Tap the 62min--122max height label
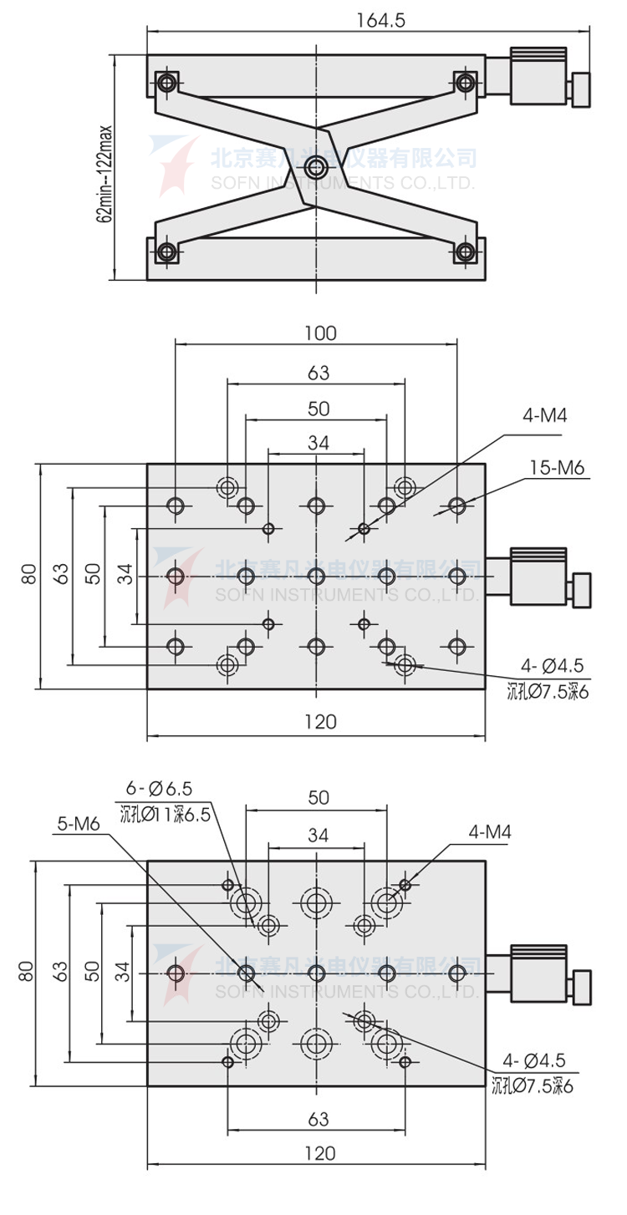104,174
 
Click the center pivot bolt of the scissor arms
315,167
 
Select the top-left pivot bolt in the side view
167,82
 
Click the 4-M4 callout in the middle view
542,415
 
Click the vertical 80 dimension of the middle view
28,574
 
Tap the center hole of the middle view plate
316,576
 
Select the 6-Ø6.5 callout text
159,788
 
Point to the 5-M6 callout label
79,823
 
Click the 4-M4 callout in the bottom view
490,832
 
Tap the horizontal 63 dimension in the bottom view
318,1118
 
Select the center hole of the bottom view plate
316,974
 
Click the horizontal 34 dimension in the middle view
317,443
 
